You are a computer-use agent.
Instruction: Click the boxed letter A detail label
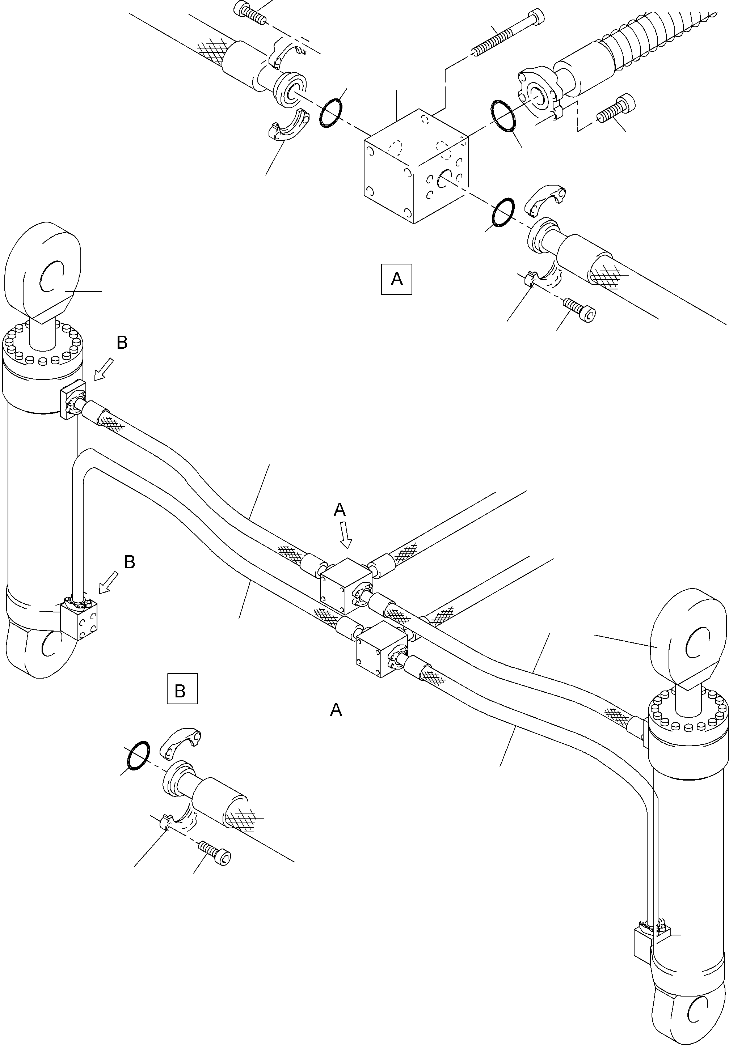397,279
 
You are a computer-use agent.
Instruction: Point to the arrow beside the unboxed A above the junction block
346,534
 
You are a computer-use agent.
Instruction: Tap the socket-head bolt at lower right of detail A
580,310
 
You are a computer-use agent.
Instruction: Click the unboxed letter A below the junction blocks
336,709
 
